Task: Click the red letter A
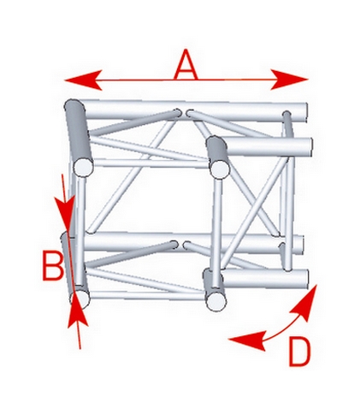[x=186, y=64]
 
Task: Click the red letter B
[x=53, y=265]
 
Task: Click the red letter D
[x=299, y=352]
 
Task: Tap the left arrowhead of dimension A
[x=83, y=80]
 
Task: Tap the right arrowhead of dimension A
[x=290, y=80]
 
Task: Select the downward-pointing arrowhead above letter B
[x=65, y=215]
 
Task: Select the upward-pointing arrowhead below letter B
[x=78, y=309]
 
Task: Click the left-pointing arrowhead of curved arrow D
[x=247, y=340]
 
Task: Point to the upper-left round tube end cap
[x=84, y=167]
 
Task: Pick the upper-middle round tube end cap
[x=221, y=169]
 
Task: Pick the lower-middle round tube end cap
[x=217, y=301]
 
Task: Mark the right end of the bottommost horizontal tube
[x=304, y=278]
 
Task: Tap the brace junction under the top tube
[x=184, y=113]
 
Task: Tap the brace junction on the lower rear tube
[x=180, y=245]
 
